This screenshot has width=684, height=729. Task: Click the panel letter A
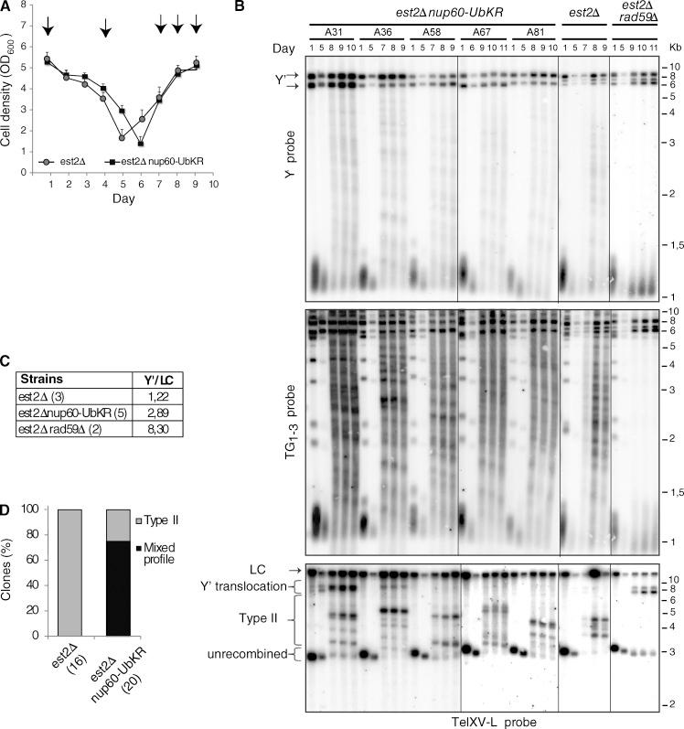click(7, 8)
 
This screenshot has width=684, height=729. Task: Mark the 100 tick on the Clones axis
click(37, 509)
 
